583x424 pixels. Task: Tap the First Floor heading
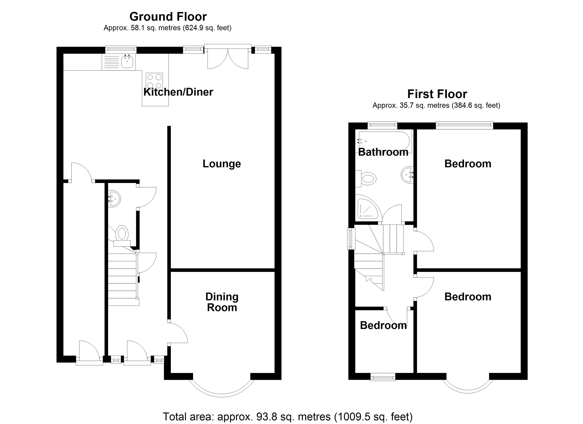coord(437,94)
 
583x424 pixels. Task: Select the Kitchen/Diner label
coord(178,92)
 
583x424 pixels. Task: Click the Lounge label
coord(222,164)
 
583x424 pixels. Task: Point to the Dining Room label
coord(222,302)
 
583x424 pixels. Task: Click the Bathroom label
coord(383,152)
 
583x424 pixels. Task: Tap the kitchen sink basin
coord(127,62)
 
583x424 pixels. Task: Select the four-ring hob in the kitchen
coord(154,81)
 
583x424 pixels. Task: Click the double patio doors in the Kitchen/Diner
coord(228,59)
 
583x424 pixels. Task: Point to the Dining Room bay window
coord(222,390)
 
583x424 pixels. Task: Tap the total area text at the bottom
coord(288,417)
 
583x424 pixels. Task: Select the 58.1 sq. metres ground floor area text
coord(167,28)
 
